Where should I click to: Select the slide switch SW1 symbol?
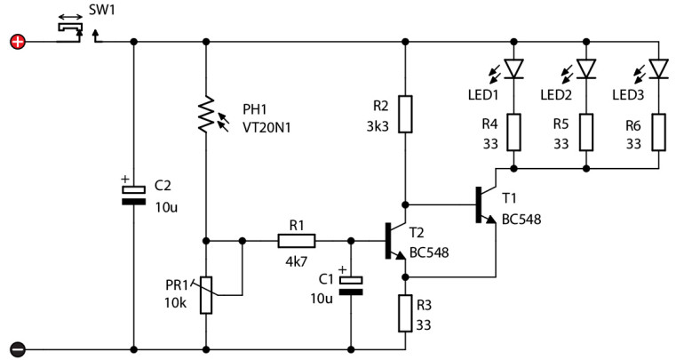coord(71,30)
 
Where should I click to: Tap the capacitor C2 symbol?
coord(133,195)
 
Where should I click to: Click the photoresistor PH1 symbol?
coord(206,114)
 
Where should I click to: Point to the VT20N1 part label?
coord(266,127)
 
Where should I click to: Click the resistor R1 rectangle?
coord(295,240)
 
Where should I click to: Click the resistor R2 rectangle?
coord(405,114)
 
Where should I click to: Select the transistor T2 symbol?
coord(394,240)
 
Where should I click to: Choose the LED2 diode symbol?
coord(586,68)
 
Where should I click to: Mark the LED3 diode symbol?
coord(658,68)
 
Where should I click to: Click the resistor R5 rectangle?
coord(586,132)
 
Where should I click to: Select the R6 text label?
coord(632,126)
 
